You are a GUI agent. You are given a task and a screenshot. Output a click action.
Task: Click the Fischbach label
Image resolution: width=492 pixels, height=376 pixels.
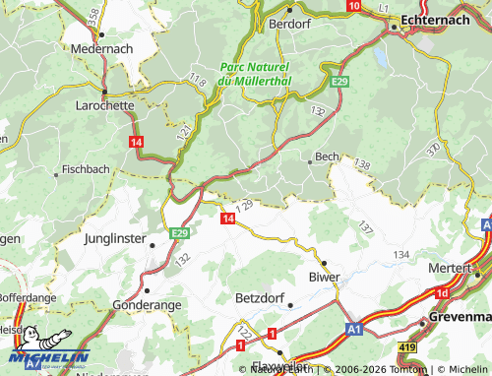click(85, 169)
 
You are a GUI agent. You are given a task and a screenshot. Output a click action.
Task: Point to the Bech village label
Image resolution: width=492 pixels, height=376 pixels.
click(326, 157)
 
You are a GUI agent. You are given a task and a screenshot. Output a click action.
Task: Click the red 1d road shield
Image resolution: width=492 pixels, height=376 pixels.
click(444, 293)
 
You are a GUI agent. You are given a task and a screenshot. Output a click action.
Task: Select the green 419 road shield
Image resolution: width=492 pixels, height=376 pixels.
click(406, 347)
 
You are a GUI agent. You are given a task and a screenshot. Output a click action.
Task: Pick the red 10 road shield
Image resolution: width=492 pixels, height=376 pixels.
click(353, 6)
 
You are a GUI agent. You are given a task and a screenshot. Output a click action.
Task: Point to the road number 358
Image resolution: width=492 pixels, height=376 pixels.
click(92, 17)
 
